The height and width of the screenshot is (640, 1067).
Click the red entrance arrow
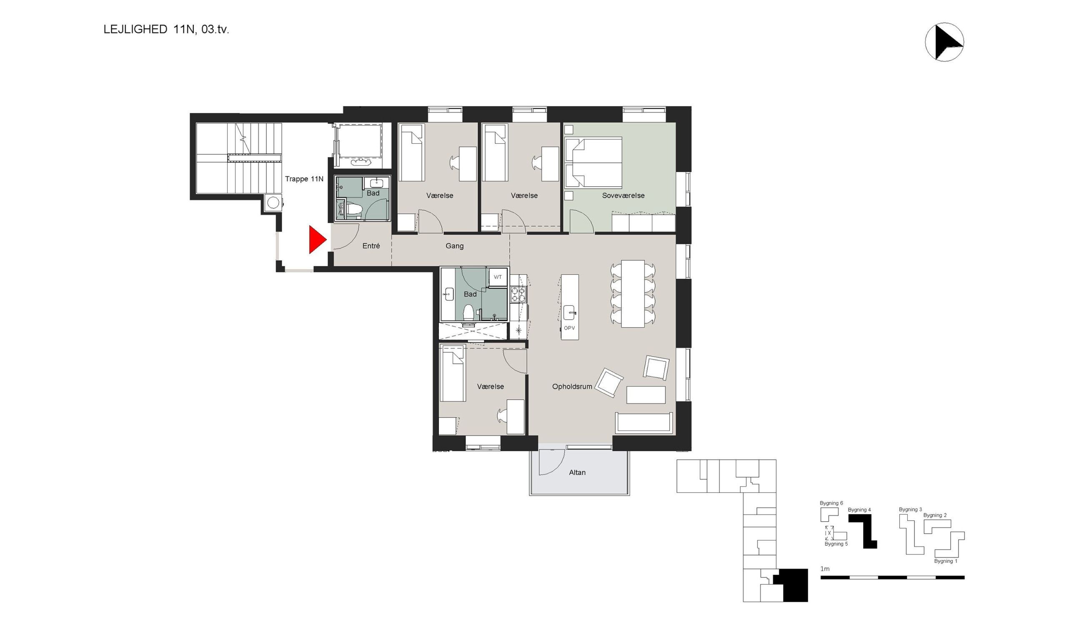317,240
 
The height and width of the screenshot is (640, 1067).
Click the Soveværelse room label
623,195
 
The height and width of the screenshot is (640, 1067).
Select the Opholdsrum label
572,387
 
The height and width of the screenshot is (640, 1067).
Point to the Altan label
577,472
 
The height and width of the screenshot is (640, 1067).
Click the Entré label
371,246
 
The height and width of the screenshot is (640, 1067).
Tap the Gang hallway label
455,246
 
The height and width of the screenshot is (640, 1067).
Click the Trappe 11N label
304,179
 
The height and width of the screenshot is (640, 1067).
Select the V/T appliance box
498,277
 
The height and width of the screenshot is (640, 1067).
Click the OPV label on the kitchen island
569,328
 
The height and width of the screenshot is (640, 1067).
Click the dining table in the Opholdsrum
633,293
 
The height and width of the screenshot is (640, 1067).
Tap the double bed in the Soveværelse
594,162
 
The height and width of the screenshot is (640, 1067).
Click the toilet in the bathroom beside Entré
354,210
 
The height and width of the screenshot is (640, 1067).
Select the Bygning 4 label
859,510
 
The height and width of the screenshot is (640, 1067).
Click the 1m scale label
824,569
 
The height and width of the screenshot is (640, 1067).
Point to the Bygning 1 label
945,561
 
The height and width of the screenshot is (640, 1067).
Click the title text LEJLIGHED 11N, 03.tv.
166,29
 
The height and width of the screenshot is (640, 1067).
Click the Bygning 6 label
831,503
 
